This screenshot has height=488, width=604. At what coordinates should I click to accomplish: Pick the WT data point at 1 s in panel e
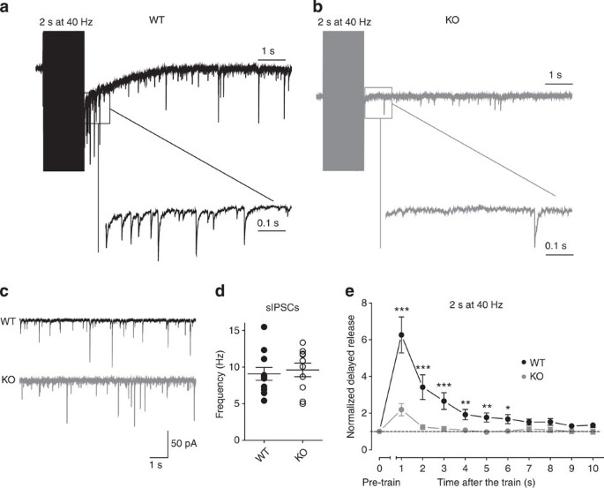click(401, 335)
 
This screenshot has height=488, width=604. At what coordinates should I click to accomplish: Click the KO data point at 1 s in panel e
click(401, 409)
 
